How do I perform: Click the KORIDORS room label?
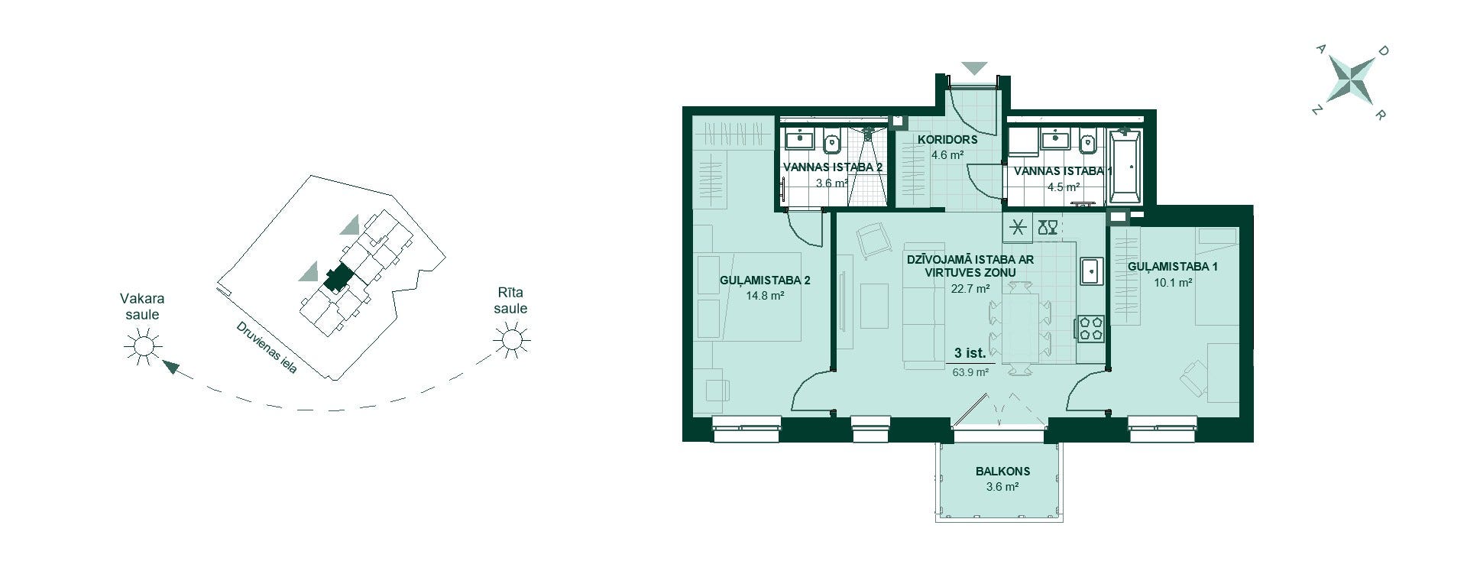pos(947,140)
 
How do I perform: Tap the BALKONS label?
pos(1002,472)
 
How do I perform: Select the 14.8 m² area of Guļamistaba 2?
pos(766,295)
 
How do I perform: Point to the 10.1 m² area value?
pos(1173,282)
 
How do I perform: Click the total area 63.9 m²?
pos(970,373)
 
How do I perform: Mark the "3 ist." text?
pos(970,354)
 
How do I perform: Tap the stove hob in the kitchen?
pos(1090,328)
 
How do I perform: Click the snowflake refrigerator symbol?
pos(1018,226)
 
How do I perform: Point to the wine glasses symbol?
pos(1048,226)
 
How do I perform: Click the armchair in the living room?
pos(873,240)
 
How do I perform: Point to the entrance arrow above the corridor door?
pos(974,68)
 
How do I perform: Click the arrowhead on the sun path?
pos(172,368)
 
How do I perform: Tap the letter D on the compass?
pos(1382,51)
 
